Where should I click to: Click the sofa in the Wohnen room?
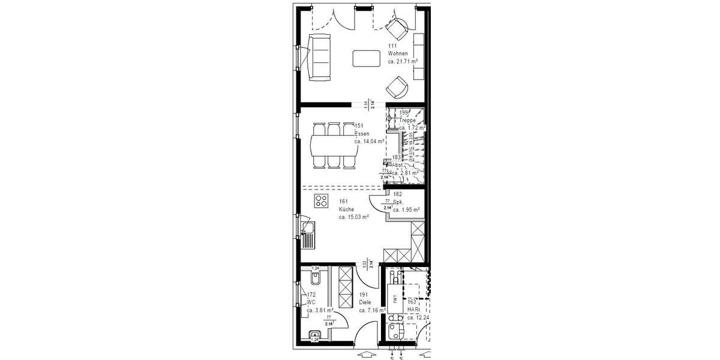319,58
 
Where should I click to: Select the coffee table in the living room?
366,58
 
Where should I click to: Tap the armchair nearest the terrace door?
396,28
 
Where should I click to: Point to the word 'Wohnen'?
398,53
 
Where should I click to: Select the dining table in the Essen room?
334,145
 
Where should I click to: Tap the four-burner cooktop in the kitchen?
320,201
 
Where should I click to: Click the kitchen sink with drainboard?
308,234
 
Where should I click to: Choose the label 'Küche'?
346,209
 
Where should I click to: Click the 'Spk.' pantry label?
397,202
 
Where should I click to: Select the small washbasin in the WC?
314,336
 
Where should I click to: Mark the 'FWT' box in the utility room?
395,298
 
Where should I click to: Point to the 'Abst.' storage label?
398,164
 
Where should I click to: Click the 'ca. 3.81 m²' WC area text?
320,311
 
